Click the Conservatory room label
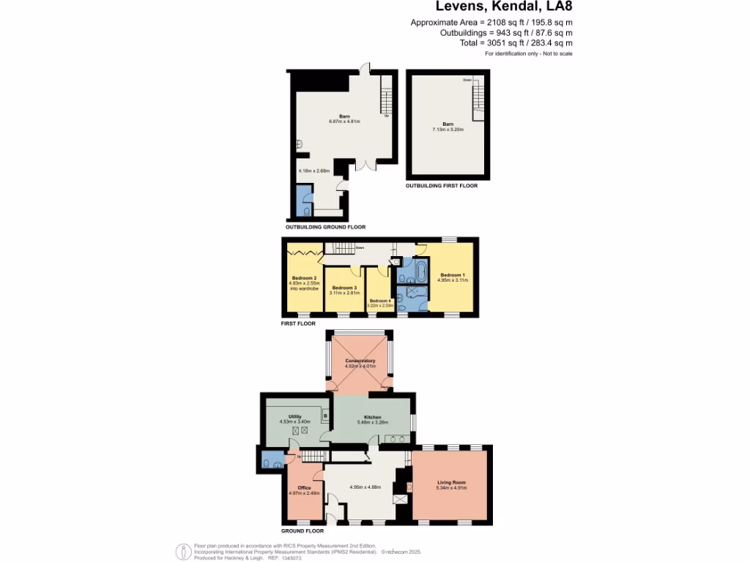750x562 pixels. (x=360, y=361)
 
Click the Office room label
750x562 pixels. (x=304, y=487)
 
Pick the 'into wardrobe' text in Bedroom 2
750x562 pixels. (x=302, y=288)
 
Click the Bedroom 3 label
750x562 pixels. (x=344, y=288)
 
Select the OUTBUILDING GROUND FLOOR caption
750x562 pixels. (x=325, y=228)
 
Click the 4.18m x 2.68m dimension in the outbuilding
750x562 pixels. (x=314, y=171)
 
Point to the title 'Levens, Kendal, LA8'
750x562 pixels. (x=504, y=7)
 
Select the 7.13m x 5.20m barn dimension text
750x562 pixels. (x=448, y=130)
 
